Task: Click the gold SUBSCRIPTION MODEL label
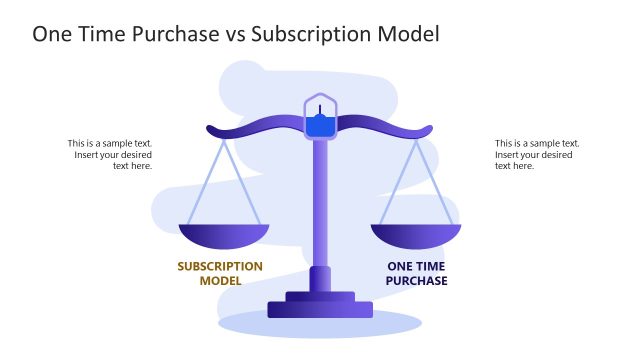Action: [x=220, y=273]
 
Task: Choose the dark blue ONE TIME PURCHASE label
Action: [x=416, y=273]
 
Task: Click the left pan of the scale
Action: [x=224, y=236]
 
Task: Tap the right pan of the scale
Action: [x=416, y=236]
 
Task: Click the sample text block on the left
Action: [x=110, y=154]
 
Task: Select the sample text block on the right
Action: [x=536, y=154]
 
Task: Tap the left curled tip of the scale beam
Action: [x=211, y=130]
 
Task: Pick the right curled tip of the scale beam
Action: [x=428, y=130]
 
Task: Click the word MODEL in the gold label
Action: [x=220, y=281]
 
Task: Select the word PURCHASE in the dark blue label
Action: [x=416, y=281]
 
